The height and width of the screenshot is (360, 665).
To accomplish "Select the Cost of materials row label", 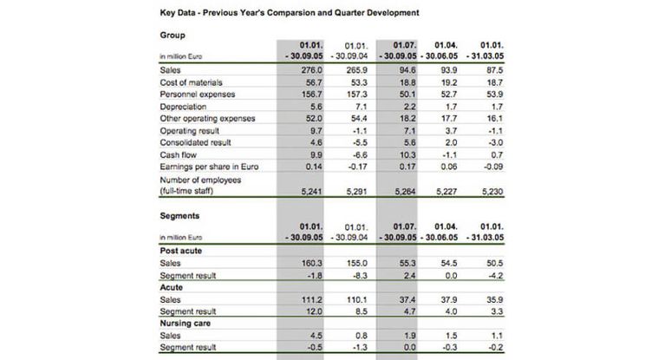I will tap(190, 82).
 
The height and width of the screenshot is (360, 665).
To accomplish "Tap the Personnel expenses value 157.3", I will tap(356, 94).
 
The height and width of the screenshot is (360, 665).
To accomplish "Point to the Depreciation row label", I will tap(185, 106).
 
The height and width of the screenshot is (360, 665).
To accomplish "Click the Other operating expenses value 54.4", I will tap(358, 118).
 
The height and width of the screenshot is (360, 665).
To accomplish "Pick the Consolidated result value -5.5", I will tap(358, 142).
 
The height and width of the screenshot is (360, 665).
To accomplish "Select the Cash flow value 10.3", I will tap(407, 154).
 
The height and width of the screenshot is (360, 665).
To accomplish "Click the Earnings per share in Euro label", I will tap(208, 167).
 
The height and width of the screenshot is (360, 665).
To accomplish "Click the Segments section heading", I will tap(181, 215).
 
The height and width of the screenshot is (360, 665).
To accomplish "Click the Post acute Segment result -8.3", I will tap(358, 275).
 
